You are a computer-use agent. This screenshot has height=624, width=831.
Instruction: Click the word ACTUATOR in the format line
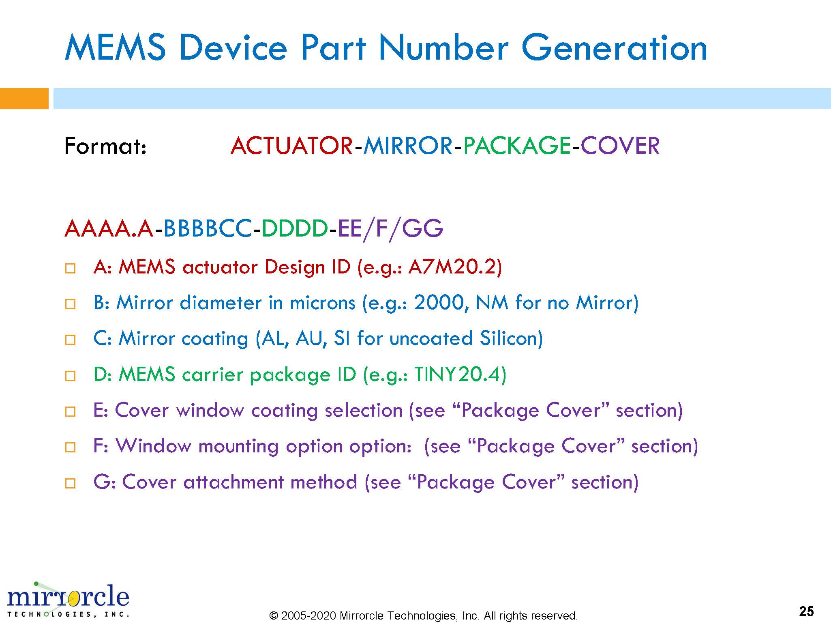pos(291,146)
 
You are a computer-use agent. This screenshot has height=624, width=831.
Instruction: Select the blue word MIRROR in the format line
pos(408,146)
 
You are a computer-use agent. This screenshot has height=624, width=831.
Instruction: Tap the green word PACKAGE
pos(517,146)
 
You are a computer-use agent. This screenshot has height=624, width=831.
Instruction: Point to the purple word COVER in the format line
pos(620,146)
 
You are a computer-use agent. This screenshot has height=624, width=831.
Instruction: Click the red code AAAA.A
pos(109,228)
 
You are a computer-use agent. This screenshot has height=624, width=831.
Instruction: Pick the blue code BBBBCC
pos(207,228)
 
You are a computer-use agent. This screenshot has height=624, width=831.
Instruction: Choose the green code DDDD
pos(295,228)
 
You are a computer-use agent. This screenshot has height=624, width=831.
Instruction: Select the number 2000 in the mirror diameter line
pos(438,303)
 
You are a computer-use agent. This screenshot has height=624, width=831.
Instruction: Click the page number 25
pos(806,611)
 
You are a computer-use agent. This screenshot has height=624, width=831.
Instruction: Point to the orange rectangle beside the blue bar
pos(24,99)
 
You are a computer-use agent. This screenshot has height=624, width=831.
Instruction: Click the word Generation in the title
pos(614,48)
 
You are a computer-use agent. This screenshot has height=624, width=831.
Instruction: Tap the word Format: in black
pos(105,146)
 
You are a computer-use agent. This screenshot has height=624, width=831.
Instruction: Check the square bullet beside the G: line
pos(70,483)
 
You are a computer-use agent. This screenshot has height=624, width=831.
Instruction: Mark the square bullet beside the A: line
pos(70,269)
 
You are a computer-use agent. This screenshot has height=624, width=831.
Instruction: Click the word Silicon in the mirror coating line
pos(511,338)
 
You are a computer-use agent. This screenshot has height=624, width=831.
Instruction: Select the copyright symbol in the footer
pos(274,615)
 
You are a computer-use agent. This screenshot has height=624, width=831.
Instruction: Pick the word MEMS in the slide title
pos(115,48)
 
